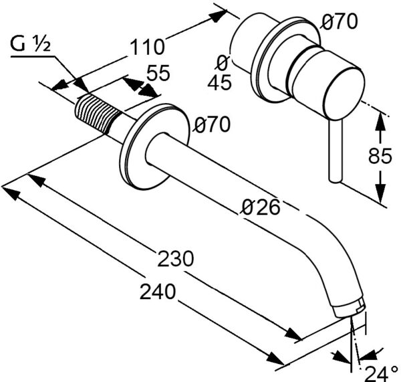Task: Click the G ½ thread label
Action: [x=30, y=44]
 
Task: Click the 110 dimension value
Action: [x=146, y=47]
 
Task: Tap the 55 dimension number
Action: [x=158, y=73]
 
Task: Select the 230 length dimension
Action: [x=175, y=259]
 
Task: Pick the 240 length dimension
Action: [x=158, y=292]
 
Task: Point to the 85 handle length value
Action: [x=380, y=156]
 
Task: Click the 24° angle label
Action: [x=381, y=374]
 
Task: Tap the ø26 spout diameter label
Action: [x=261, y=207]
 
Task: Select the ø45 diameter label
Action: [x=221, y=73]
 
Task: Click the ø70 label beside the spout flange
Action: [x=212, y=124]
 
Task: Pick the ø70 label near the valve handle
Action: [x=339, y=21]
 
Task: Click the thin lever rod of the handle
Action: [x=335, y=151]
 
